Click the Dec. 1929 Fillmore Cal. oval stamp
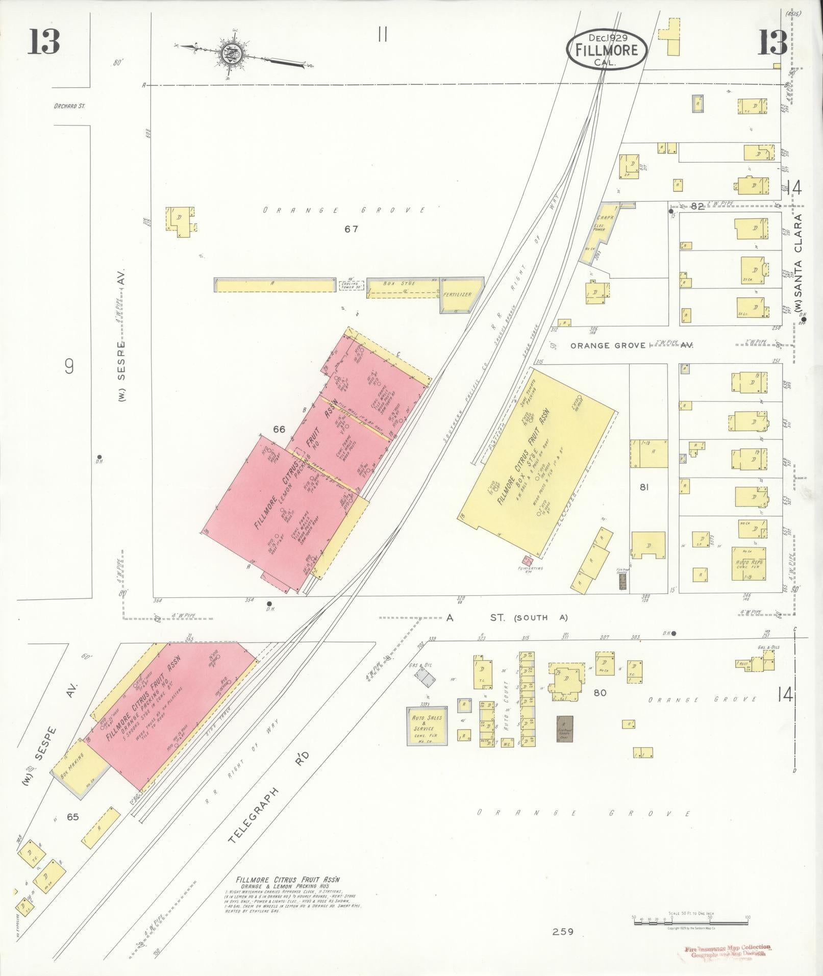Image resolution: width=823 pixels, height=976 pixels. point(606,49)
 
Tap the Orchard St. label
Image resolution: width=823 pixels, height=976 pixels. point(68,107)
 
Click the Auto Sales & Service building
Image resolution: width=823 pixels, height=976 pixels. point(427,725)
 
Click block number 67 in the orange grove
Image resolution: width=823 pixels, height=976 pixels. point(351,229)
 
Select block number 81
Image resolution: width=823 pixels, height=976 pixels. point(644,487)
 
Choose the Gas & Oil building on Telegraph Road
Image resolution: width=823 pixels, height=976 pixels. point(425,677)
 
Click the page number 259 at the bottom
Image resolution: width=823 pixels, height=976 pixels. point(563,932)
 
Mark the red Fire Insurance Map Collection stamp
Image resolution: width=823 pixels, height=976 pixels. point(729,952)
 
